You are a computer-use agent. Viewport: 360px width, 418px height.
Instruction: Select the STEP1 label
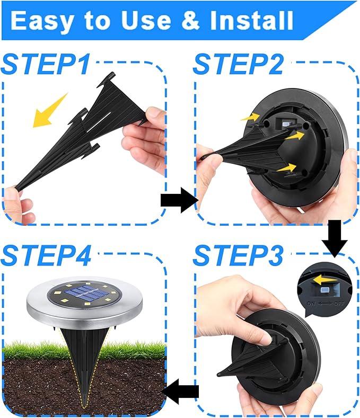click(47, 64)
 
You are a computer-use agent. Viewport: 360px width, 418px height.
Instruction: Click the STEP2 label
click(239, 64)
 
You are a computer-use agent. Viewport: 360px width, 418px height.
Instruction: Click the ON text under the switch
click(310, 304)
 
